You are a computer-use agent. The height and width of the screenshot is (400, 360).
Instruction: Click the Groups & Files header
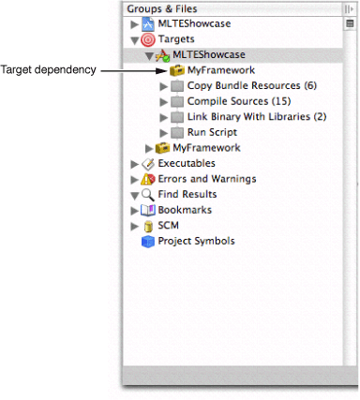[164, 7]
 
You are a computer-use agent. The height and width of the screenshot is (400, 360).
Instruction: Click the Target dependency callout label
[47, 70]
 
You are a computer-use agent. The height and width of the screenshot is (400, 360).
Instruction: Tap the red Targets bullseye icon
[148, 39]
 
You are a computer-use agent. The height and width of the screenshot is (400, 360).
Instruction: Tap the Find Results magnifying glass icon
[148, 195]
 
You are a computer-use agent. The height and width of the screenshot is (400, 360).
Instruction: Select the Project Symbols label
[196, 241]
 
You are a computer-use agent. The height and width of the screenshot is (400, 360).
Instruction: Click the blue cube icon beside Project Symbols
[147, 242]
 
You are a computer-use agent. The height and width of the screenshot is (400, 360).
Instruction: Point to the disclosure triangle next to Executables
[135, 164]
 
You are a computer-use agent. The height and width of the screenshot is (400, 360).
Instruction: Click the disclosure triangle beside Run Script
[165, 133]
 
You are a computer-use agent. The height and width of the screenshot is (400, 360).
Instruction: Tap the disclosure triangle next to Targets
[135, 39]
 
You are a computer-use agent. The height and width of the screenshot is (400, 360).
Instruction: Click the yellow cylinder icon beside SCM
[147, 226]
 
